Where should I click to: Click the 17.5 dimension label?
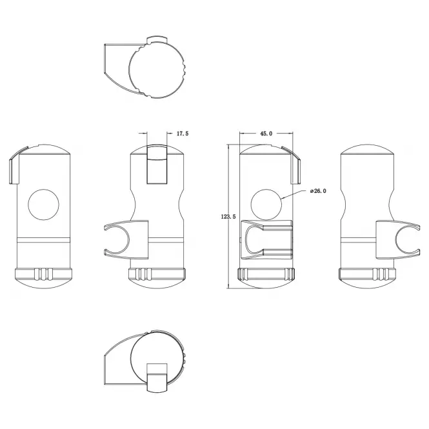pos(183,134)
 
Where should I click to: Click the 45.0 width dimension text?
pos(266,134)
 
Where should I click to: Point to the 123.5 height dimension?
pos(228,217)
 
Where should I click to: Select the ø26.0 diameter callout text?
pos(318,191)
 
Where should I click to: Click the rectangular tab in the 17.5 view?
pos(157,164)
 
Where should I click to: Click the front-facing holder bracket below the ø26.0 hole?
pos(266,240)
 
